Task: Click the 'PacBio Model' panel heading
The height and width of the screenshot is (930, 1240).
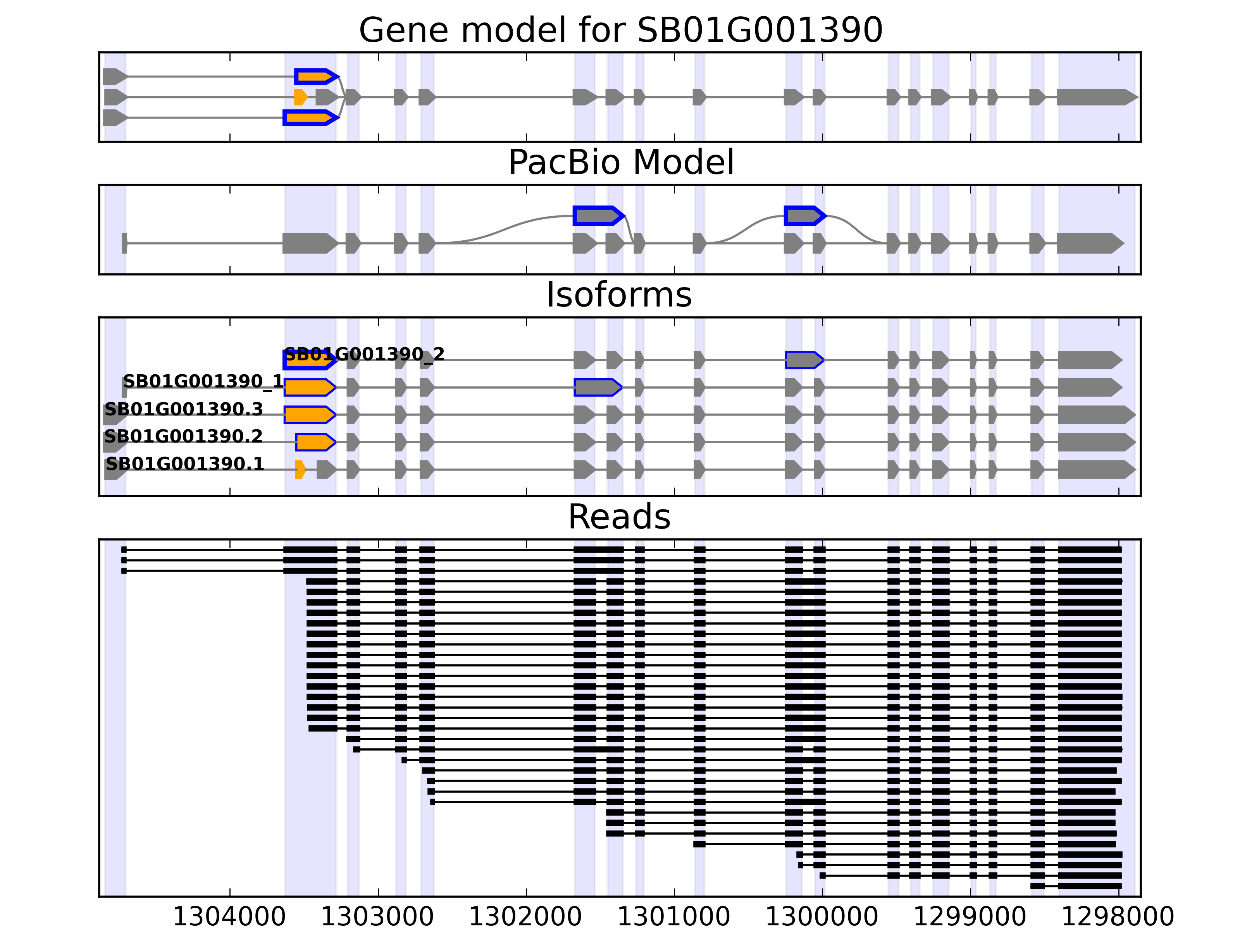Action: tap(620, 163)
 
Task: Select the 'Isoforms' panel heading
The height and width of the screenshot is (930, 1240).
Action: tap(619, 295)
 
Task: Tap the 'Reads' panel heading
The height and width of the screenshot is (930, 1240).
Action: tap(619, 517)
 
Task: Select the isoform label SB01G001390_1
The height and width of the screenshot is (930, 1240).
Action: tap(203, 381)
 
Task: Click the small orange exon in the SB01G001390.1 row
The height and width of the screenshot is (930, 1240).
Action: tap(300, 470)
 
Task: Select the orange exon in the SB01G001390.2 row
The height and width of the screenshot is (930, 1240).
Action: tap(315, 442)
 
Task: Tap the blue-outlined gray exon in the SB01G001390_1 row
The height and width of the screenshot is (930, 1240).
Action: tap(598, 387)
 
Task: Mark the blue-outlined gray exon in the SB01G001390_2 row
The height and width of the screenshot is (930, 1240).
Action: tap(804, 360)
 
